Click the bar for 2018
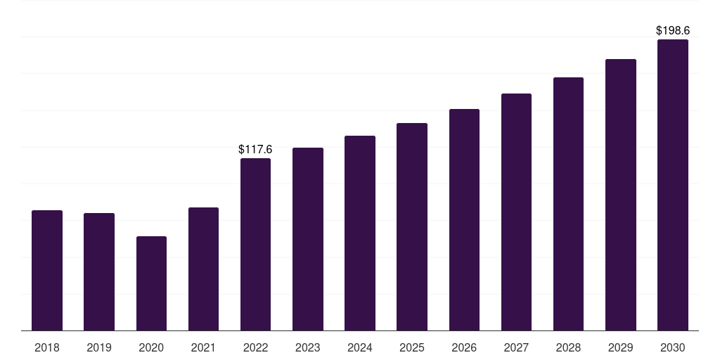(x=47, y=271)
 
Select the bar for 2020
(x=152, y=283)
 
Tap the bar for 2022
(x=255, y=244)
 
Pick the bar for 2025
(x=412, y=227)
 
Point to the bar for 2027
(x=517, y=212)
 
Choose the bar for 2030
(x=673, y=185)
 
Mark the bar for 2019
(x=99, y=272)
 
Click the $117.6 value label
(x=255, y=149)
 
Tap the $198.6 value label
(x=673, y=30)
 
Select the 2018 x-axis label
(x=47, y=347)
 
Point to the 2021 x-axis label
(x=203, y=347)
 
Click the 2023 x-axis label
(x=308, y=347)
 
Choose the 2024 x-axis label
(x=360, y=347)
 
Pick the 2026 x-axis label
(x=464, y=347)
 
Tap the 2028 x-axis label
(x=568, y=347)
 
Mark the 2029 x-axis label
(x=621, y=347)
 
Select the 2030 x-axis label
(x=673, y=347)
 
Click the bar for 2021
(x=203, y=269)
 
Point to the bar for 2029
(x=621, y=195)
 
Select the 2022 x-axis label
(x=255, y=347)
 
